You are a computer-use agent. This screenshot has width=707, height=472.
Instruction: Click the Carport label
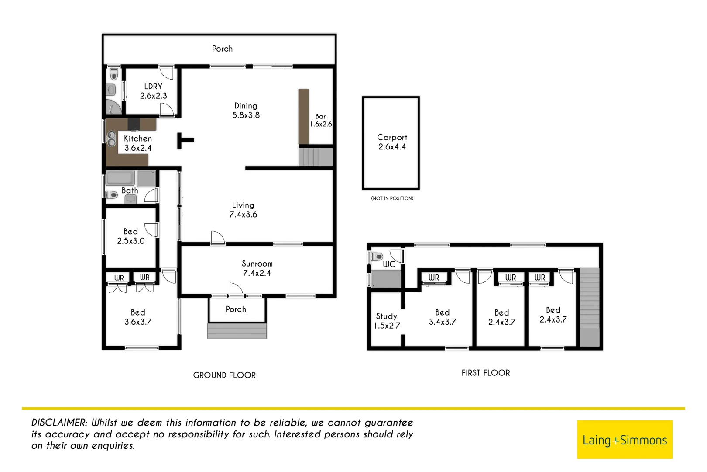pyautogui.click(x=392, y=138)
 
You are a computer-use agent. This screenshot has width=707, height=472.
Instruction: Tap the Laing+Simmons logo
pyautogui.click(x=624, y=440)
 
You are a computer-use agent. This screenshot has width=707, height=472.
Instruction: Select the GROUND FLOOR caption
pyautogui.click(x=224, y=375)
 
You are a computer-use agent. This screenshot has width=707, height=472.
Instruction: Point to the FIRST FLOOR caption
pyautogui.click(x=485, y=373)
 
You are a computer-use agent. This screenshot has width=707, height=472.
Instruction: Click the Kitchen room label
pyautogui.click(x=138, y=139)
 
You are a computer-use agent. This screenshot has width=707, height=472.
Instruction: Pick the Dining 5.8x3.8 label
pyautogui.click(x=246, y=111)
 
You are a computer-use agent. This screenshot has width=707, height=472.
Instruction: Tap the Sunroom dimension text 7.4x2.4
pyautogui.click(x=257, y=273)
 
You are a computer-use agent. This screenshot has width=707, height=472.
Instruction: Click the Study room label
pyautogui.click(x=386, y=316)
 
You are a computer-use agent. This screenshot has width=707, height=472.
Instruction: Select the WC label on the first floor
pyautogui.click(x=389, y=264)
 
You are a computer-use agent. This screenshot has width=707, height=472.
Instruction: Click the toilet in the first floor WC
pyautogui.click(x=377, y=257)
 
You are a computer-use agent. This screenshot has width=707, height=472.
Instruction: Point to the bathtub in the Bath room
pyautogui.click(x=120, y=178)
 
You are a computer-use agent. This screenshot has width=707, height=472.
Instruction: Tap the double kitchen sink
pyautogui.click(x=111, y=139)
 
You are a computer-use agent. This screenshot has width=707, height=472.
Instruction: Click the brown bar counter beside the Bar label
pyautogui.click(x=304, y=116)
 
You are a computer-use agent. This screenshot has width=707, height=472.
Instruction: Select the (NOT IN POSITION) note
pyautogui.click(x=392, y=198)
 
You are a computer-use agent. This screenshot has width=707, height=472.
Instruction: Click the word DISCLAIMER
pyautogui.click(x=59, y=423)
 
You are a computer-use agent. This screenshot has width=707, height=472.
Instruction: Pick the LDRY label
pyautogui.click(x=153, y=87)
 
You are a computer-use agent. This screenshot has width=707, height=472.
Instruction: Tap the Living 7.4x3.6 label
pyautogui.click(x=243, y=210)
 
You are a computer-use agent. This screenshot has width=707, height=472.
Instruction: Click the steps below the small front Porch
pyautogui.click(x=237, y=331)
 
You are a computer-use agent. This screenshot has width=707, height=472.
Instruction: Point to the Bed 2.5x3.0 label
pyautogui.click(x=130, y=236)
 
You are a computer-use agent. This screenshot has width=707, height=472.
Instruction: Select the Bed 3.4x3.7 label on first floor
pyautogui.click(x=442, y=317)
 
